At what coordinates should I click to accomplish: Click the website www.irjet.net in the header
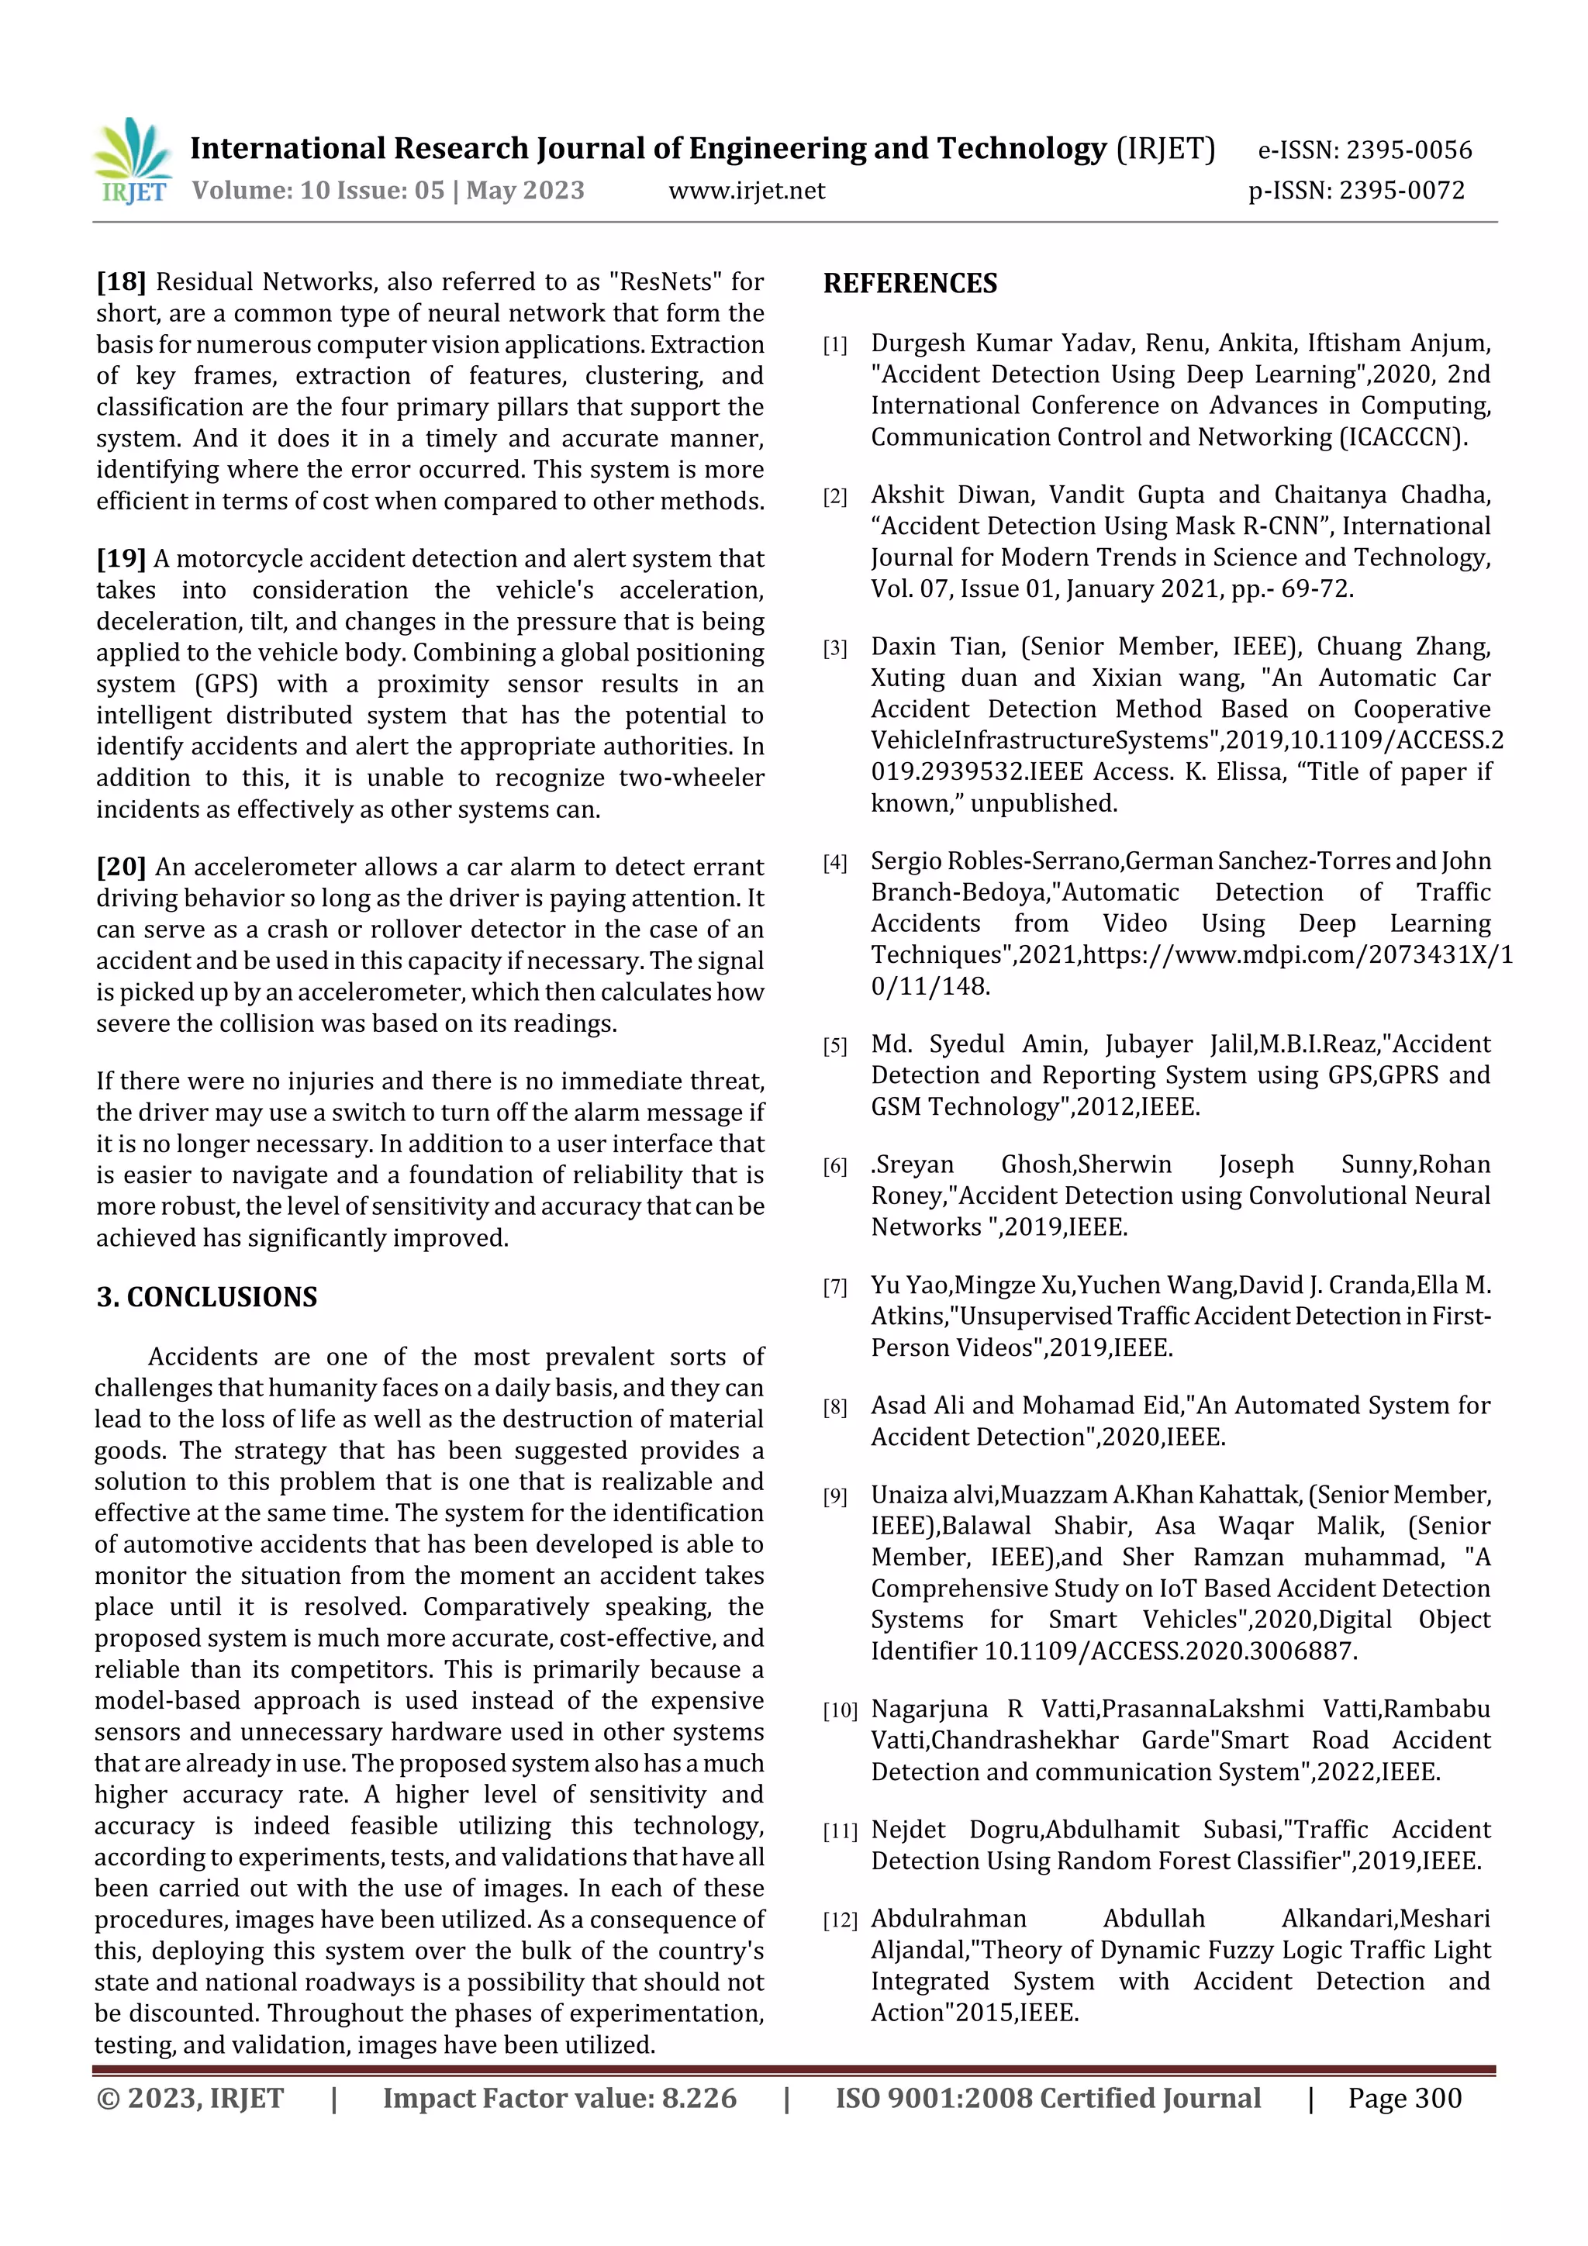click(747, 191)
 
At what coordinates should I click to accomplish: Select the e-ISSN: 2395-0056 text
click(1364, 150)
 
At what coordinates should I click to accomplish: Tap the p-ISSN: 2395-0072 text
click(1356, 191)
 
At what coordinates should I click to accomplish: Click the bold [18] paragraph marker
click(120, 281)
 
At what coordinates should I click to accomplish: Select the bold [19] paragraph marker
click(120, 558)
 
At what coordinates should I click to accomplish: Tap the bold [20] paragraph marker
click(120, 867)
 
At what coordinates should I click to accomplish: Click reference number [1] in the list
click(834, 345)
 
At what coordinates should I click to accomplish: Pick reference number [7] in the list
click(834, 1287)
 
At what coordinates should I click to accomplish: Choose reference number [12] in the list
click(840, 1920)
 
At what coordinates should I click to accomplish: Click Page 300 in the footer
click(1404, 2098)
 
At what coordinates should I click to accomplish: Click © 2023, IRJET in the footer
click(190, 2098)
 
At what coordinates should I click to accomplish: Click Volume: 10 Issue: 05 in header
click(317, 191)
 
